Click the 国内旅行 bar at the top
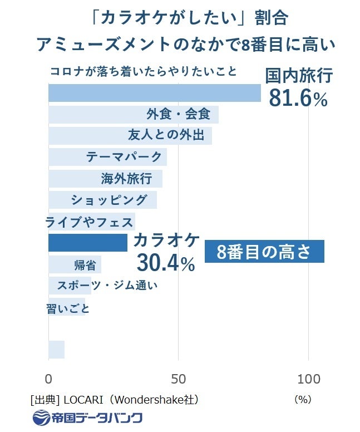(154, 92)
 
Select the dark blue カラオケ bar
(88, 243)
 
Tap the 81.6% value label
(298, 98)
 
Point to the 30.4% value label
(165, 262)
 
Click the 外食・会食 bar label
(179, 115)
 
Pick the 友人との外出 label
(166, 135)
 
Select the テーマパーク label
(124, 157)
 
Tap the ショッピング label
(109, 200)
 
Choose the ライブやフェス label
(89, 222)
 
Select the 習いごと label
(68, 308)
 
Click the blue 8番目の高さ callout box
(264, 252)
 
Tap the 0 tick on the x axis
(49, 380)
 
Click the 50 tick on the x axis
(179, 380)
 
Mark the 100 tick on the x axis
(309, 380)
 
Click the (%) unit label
(303, 400)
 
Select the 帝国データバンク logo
(88, 418)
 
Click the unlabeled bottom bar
(56, 350)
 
